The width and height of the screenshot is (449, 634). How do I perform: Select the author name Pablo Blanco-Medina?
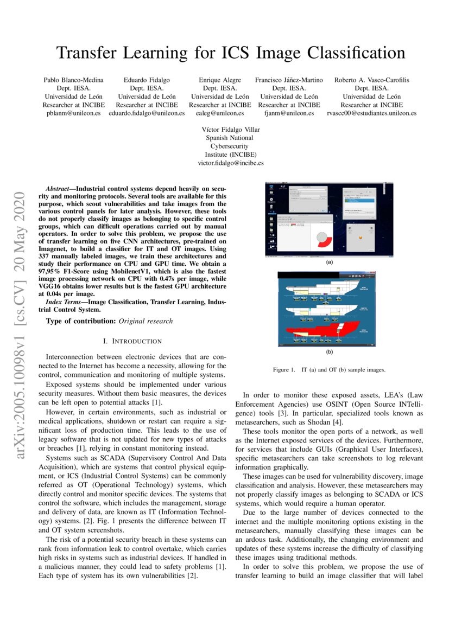point(73,80)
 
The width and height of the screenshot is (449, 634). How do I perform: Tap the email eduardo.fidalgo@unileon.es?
point(147,113)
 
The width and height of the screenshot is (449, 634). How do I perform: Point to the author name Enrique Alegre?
point(220,80)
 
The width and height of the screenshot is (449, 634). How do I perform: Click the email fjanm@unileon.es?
point(289,113)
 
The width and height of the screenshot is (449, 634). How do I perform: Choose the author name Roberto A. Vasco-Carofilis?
point(371,80)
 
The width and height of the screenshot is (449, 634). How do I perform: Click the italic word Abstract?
point(59,188)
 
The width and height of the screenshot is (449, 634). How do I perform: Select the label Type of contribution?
point(81,321)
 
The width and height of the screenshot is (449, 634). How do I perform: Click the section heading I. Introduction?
point(132,341)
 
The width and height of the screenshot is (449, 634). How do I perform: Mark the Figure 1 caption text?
point(329,370)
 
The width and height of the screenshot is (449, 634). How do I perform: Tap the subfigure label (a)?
point(329,262)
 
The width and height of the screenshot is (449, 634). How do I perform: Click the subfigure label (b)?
point(329,352)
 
